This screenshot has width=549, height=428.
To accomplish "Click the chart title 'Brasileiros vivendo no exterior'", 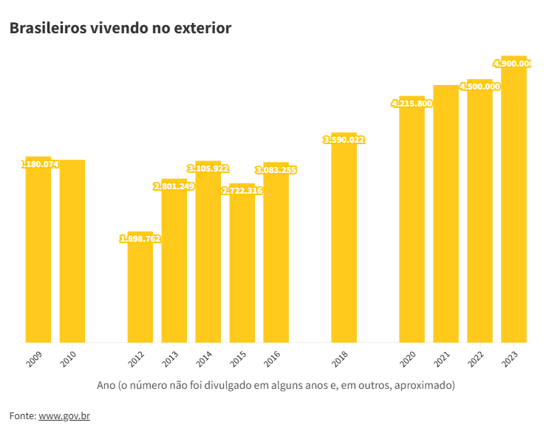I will tap(120, 28).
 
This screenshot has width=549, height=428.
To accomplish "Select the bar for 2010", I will tap(72, 251).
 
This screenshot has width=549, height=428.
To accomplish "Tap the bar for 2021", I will tap(446, 214).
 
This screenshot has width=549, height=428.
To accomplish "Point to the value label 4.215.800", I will tap(412, 103).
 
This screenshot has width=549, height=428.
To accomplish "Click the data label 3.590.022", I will tap(344, 140).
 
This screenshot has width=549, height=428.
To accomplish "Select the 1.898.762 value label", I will tap(140, 239).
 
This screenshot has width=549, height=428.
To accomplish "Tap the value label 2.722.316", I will tap(242, 191).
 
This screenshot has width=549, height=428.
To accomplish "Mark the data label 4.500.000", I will tap(480, 86).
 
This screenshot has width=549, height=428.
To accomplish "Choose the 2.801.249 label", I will tap(174, 186).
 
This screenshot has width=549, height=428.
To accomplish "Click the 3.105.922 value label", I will tap(208, 169).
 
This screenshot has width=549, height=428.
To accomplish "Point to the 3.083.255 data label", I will tap(276, 170).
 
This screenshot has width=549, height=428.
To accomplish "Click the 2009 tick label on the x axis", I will tap(35, 360).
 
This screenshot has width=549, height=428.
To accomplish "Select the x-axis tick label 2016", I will tap(273, 360).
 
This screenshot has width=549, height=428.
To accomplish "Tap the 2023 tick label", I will tap(510, 360).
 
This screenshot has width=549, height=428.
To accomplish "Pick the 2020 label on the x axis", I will tap(408, 360).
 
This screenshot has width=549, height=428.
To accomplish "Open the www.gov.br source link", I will tap(64, 416).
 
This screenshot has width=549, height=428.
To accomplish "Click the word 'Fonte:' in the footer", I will tap(22, 416).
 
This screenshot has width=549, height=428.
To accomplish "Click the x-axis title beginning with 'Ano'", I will tap(276, 386).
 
